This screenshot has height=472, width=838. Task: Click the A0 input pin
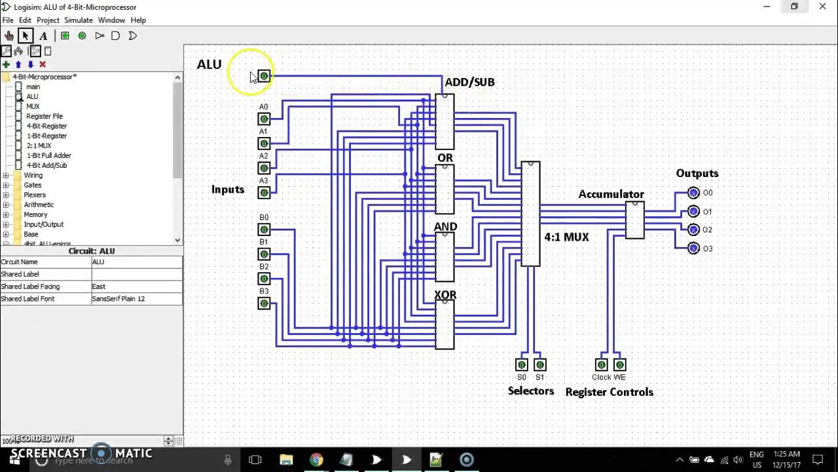264,119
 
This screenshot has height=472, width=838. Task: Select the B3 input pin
264,304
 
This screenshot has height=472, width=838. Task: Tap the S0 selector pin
522,364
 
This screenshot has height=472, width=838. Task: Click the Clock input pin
601,364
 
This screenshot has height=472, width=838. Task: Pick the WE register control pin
619,364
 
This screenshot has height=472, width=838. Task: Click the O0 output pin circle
694,193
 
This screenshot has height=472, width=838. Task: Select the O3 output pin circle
694,248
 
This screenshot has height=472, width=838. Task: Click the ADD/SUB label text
469,82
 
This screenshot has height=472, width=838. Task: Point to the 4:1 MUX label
566,237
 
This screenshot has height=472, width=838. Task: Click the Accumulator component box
634,220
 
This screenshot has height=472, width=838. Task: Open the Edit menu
25,20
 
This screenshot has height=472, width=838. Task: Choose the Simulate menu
78,20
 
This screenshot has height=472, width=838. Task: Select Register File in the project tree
45,116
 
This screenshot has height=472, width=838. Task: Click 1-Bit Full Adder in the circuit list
49,155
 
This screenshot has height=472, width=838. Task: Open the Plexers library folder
35,195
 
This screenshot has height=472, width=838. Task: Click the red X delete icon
43,64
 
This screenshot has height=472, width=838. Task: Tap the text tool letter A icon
43,36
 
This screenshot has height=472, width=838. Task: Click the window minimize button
766,7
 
